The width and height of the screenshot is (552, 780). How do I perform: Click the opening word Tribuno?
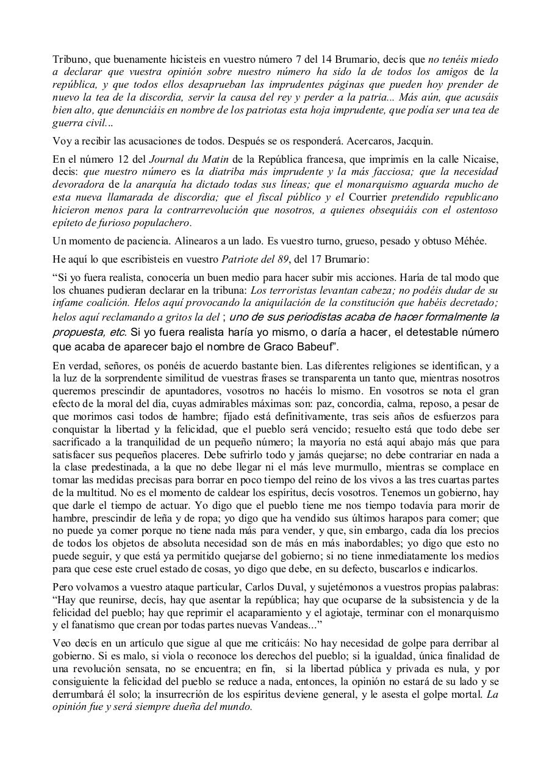(x=70, y=60)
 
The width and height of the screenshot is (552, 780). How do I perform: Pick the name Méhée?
(x=470, y=240)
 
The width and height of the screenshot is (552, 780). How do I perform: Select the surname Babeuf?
(x=308, y=347)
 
